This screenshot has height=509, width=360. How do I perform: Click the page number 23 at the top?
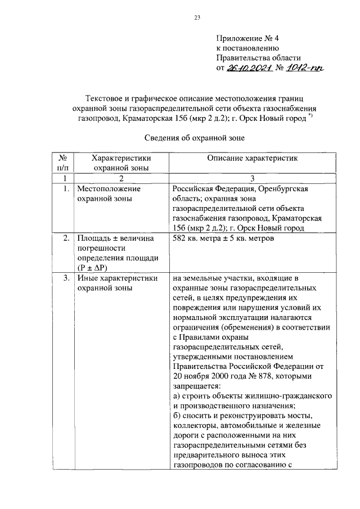click(197, 17)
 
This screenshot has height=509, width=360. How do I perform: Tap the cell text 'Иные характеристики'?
click(117, 278)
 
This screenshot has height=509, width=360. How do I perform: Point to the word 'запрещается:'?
click(197, 386)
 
